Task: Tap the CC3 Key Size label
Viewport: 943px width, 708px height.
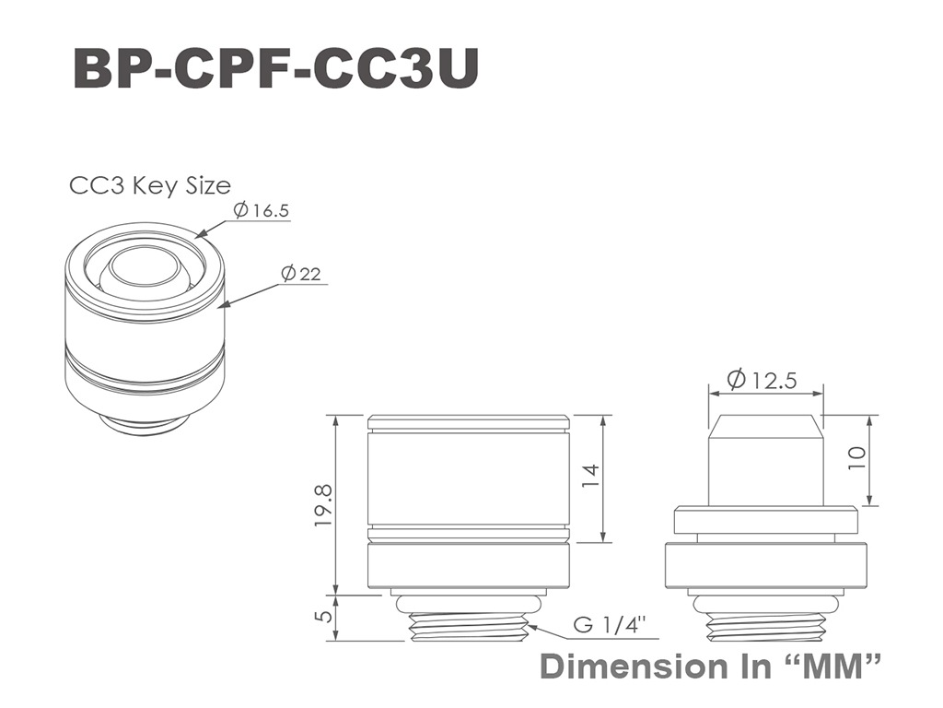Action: click(150, 185)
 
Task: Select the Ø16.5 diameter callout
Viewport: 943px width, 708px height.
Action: click(261, 210)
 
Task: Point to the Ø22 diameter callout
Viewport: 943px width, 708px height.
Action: click(301, 274)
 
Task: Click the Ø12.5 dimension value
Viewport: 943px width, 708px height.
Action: click(762, 380)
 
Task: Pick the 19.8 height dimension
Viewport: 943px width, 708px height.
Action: click(323, 506)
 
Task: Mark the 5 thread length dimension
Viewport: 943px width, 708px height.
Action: click(324, 617)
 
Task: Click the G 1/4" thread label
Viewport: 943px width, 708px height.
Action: click(610, 624)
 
